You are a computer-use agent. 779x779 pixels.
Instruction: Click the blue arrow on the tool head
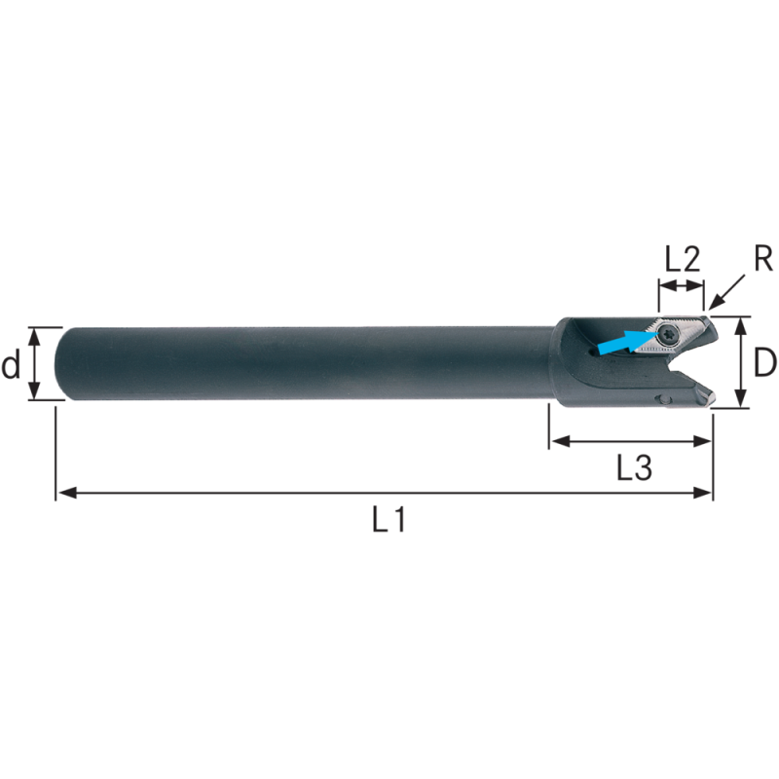[x=628, y=342]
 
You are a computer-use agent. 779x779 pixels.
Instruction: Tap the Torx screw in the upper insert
[x=666, y=336]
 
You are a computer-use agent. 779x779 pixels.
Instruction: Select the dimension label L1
[x=389, y=521]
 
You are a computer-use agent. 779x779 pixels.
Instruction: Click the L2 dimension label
[x=683, y=258]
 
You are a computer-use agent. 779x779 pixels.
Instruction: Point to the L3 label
[x=634, y=468]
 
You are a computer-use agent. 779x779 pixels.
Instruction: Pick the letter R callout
[x=762, y=258]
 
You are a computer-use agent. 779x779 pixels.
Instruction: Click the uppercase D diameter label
[x=764, y=362]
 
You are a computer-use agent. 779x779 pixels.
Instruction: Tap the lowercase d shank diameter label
[x=11, y=364]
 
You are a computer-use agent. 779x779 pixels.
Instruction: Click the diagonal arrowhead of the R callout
[x=716, y=304]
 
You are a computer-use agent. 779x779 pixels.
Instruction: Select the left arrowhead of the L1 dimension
[x=66, y=493]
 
